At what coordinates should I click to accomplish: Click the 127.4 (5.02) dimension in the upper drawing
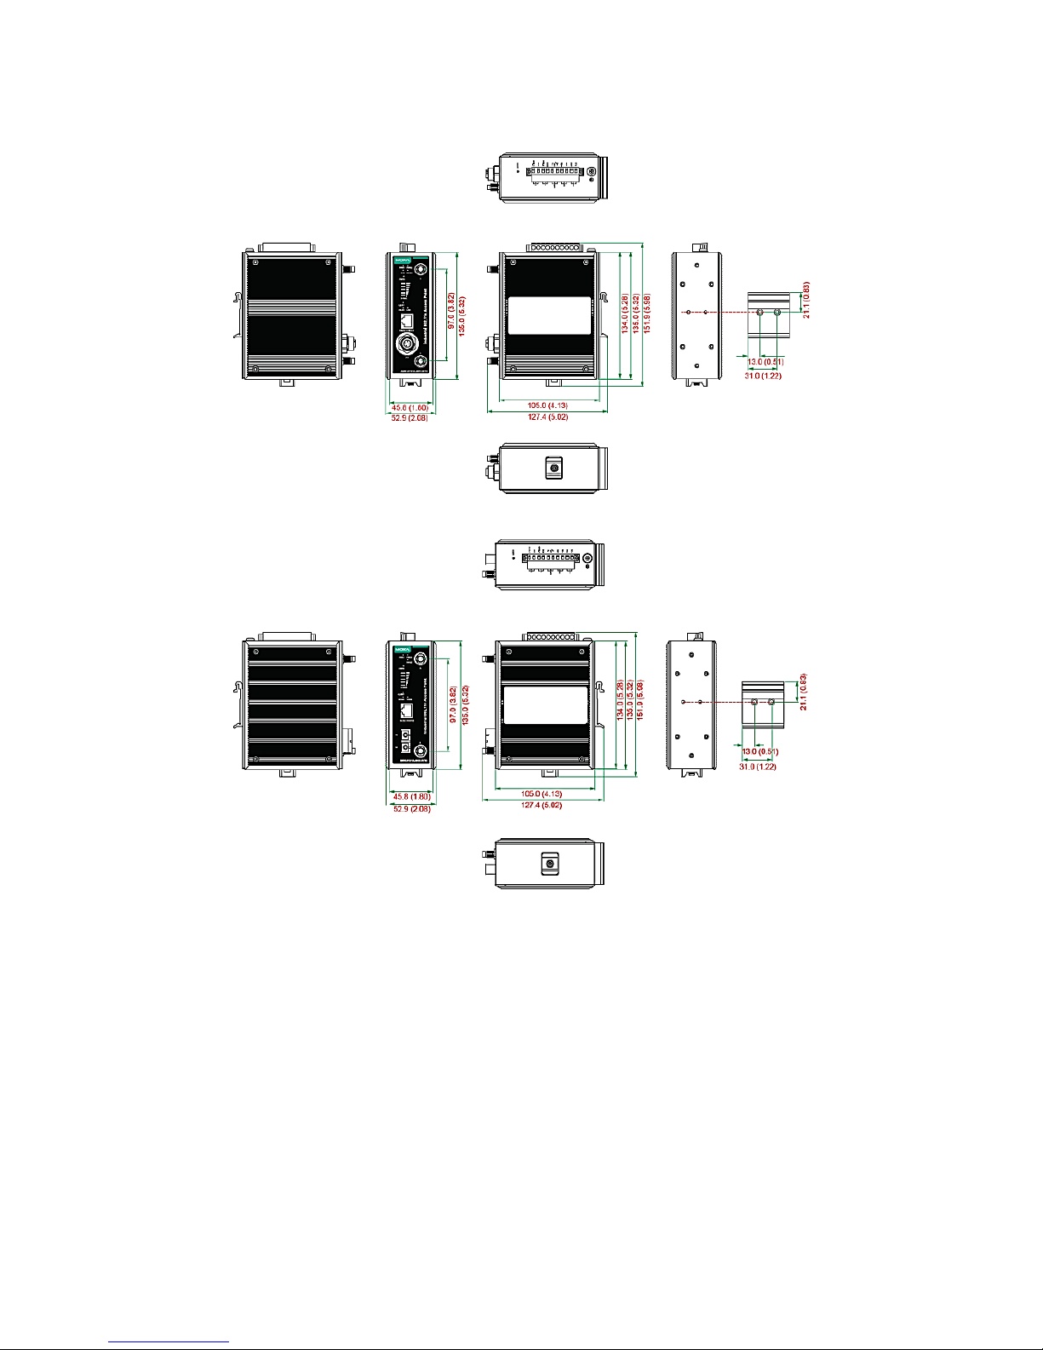pos(547,417)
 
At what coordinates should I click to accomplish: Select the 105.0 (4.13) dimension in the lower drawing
pos(542,793)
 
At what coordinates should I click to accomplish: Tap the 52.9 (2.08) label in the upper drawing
pos(410,417)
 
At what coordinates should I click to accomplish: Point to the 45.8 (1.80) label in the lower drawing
pos(412,796)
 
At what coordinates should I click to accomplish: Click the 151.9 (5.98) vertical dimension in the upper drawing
pos(647,314)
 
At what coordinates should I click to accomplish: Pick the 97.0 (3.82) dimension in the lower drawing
pos(453,705)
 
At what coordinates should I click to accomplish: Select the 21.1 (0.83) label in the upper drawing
pos(806,300)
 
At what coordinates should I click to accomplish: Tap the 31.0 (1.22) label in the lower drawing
pos(757,767)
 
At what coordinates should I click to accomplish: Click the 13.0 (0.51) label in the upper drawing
pos(765,362)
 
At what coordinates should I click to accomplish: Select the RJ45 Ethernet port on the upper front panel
pos(408,321)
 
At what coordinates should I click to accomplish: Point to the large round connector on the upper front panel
pos(408,345)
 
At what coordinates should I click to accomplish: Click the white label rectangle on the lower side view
pos(545,704)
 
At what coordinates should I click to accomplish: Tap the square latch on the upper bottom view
pos(554,468)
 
